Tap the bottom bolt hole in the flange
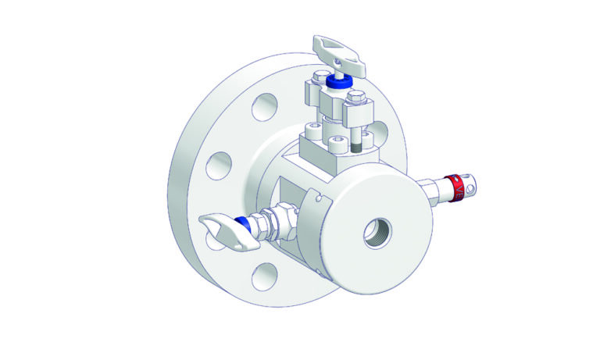coord(266,274)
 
